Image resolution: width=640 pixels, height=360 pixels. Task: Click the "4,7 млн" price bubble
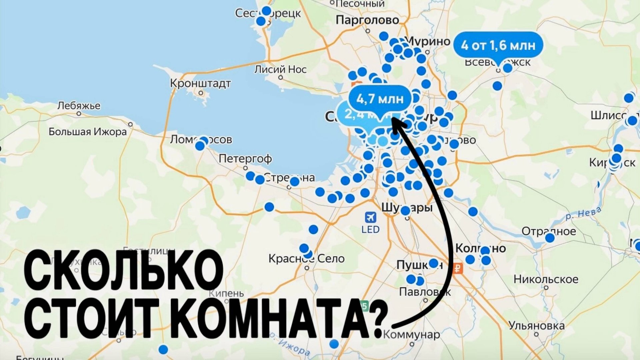click(x=380, y=99)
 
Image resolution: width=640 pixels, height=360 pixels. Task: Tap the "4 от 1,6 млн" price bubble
click(x=498, y=45)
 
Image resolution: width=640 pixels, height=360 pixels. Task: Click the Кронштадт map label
click(x=200, y=83)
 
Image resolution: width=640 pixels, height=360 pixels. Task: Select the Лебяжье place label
click(x=79, y=106)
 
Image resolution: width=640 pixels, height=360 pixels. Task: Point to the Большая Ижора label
click(x=88, y=132)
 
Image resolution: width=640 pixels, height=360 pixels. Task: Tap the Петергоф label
click(x=245, y=158)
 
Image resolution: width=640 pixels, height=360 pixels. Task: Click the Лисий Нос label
click(x=280, y=69)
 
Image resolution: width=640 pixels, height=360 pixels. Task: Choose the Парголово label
click(x=367, y=20)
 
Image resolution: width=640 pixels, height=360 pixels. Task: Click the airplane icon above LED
click(x=370, y=217)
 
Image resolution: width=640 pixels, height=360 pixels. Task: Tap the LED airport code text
click(x=370, y=229)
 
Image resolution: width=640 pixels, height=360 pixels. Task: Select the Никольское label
click(x=546, y=279)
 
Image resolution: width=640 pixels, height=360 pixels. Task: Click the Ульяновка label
click(x=536, y=326)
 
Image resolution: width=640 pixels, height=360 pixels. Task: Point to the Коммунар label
click(x=411, y=334)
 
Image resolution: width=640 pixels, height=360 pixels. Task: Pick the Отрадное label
click(x=548, y=231)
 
